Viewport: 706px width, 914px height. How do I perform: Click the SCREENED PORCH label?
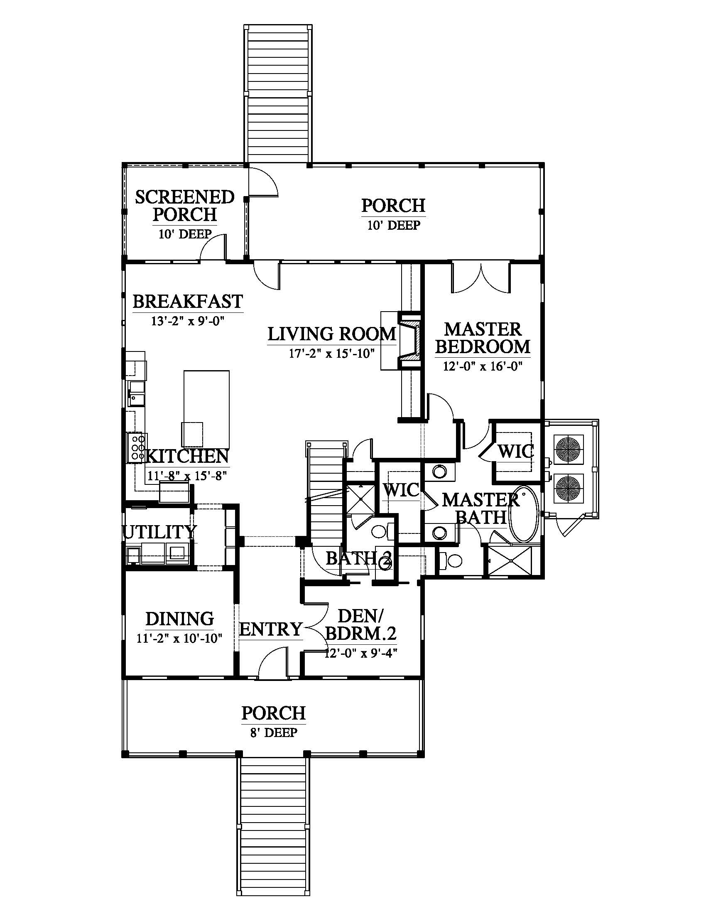point(184,206)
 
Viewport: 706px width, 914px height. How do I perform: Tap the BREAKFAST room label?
point(188,301)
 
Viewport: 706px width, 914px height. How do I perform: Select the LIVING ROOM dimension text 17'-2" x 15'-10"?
point(331,354)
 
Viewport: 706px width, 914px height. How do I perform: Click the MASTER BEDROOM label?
point(483,338)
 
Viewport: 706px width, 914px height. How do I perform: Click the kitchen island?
point(207,408)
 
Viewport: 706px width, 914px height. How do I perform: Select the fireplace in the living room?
point(409,341)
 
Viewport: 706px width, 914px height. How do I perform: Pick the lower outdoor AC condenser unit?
point(568,489)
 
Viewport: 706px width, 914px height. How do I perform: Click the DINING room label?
point(180,619)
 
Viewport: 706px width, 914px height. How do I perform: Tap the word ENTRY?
point(271,629)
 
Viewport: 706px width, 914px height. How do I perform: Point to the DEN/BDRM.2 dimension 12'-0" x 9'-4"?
point(360,653)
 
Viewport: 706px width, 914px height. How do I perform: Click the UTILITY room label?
point(159,532)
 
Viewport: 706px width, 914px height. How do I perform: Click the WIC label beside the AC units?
point(516,452)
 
